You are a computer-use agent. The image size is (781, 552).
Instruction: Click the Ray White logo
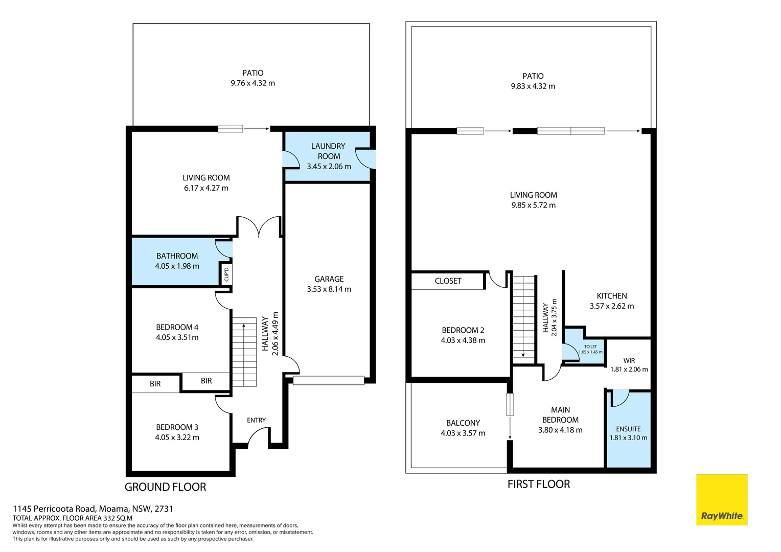click(x=721, y=500)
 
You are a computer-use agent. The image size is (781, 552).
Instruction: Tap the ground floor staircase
click(x=244, y=352)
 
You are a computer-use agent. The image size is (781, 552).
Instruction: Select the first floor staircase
click(x=523, y=317)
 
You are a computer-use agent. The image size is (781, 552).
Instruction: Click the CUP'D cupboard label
click(x=226, y=274)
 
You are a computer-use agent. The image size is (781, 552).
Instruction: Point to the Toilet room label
click(x=590, y=347)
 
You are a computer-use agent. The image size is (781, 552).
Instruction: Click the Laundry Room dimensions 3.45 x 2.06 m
click(x=329, y=167)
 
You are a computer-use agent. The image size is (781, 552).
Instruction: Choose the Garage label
click(x=329, y=279)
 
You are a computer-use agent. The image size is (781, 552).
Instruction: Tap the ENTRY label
click(x=256, y=420)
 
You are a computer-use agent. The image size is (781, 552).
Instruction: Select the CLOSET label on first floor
click(x=448, y=281)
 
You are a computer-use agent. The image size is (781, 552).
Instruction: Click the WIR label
click(x=629, y=360)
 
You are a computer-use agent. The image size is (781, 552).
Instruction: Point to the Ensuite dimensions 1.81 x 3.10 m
click(x=628, y=438)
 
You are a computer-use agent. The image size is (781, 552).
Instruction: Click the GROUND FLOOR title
click(x=165, y=487)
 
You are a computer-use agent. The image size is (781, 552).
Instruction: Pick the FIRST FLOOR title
click(x=538, y=484)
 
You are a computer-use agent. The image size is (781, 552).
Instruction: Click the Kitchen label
click(x=611, y=296)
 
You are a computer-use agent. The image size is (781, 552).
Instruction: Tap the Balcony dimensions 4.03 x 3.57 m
click(x=463, y=433)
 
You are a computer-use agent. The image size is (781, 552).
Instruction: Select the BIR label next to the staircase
click(x=206, y=381)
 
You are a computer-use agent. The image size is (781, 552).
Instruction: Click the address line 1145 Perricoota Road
click(x=93, y=509)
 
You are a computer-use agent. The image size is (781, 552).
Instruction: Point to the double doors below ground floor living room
click(x=259, y=227)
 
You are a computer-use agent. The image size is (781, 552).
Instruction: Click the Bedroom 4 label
click(x=177, y=327)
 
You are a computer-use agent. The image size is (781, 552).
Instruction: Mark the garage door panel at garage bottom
click(x=329, y=380)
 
